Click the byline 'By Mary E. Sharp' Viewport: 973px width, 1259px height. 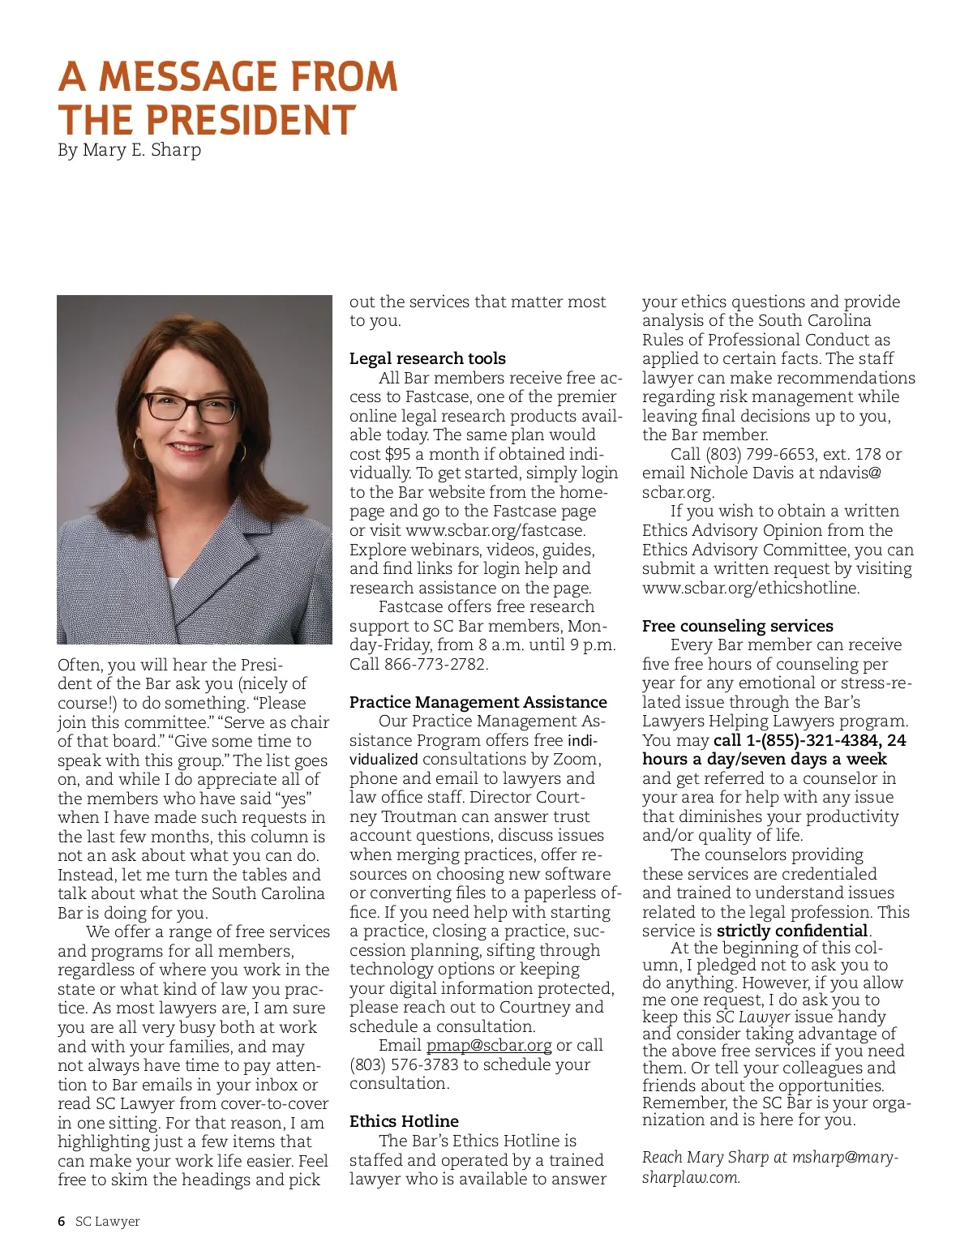[x=129, y=150]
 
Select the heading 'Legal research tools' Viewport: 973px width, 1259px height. [x=427, y=358]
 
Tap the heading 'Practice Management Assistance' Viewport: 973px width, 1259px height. [x=478, y=702]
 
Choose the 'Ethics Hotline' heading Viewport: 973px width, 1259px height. [x=404, y=1121]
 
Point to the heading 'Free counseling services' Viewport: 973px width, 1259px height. [x=737, y=626]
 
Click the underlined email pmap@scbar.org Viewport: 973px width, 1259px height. [x=489, y=1045]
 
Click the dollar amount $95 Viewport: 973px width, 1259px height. [x=397, y=454]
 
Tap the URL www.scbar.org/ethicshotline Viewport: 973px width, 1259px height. [x=750, y=588]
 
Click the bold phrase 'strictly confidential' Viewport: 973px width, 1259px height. [x=792, y=931]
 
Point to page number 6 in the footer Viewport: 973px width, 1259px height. [x=62, y=1222]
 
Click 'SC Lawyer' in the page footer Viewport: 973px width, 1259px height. [x=107, y=1222]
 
